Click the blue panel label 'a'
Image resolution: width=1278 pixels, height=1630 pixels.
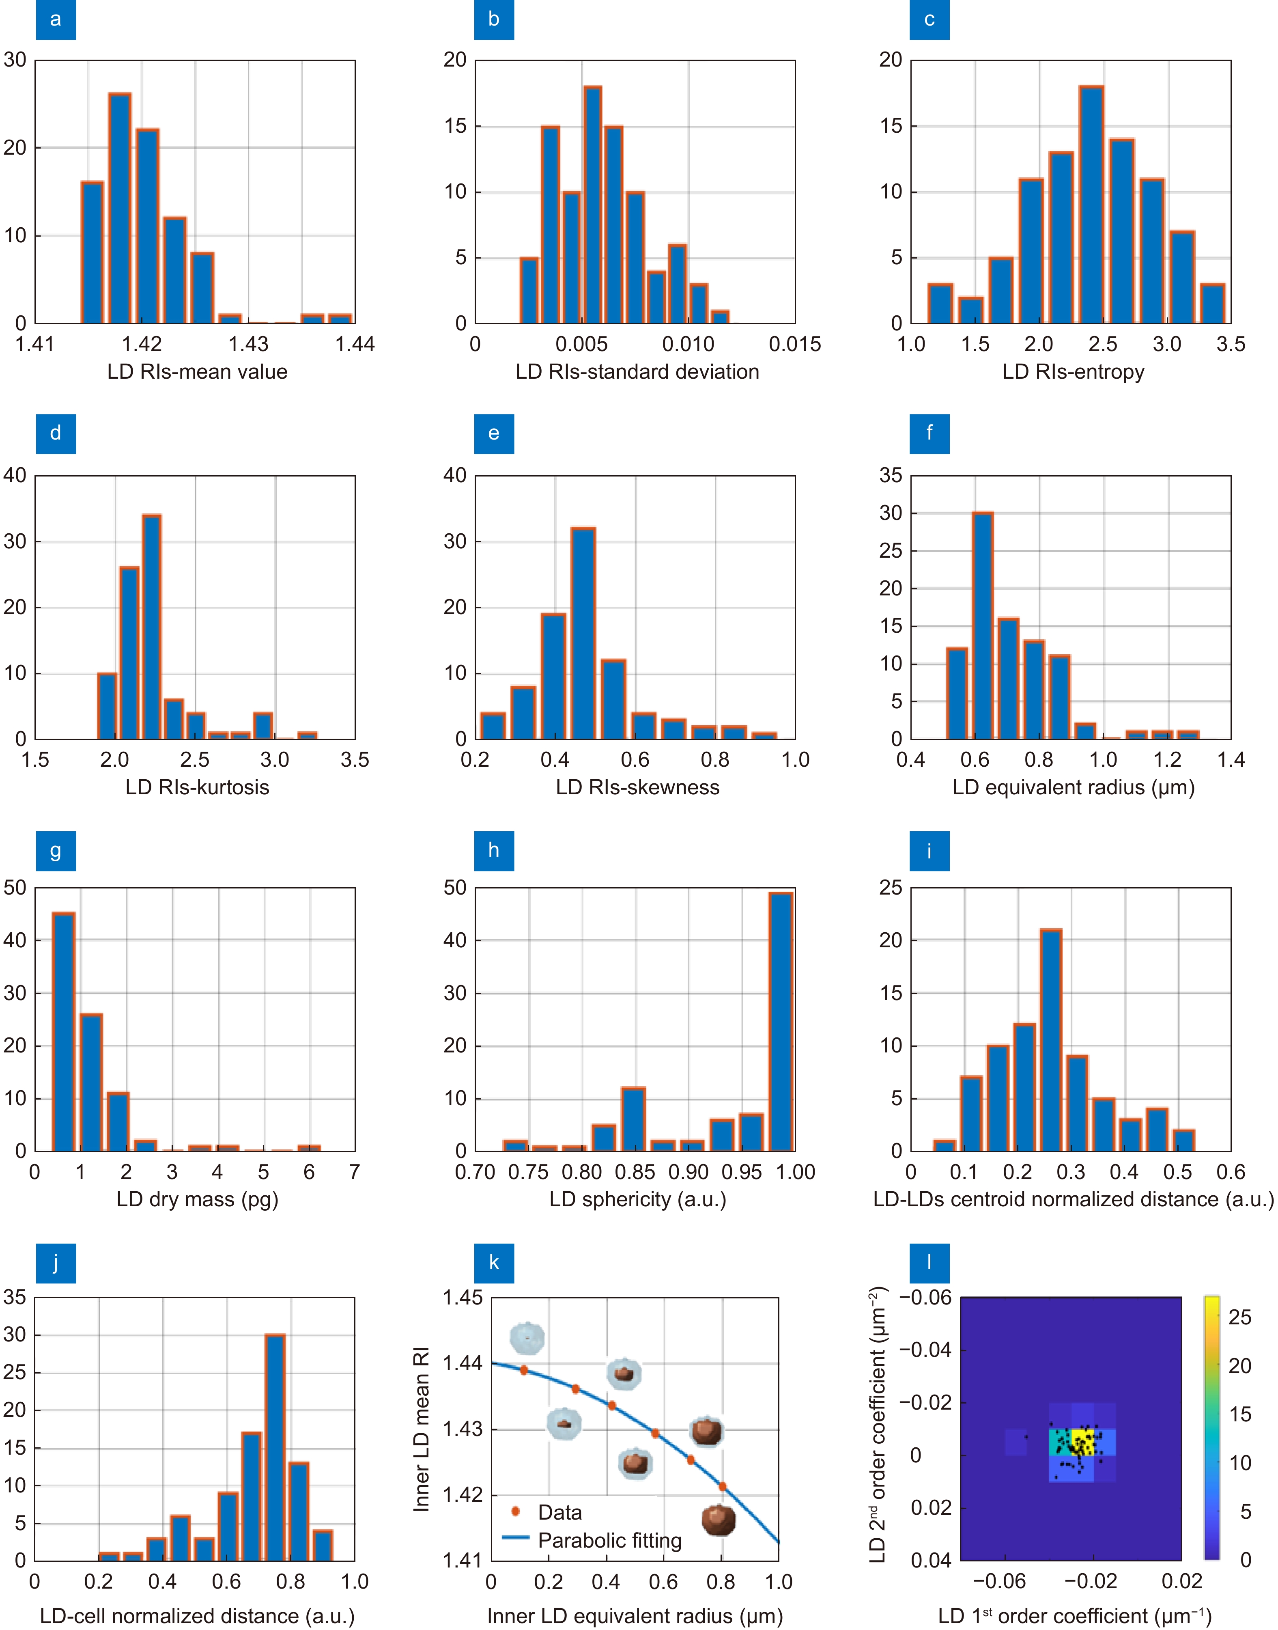[x=55, y=19]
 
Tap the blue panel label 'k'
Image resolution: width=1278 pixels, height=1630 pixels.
[x=494, y=1263]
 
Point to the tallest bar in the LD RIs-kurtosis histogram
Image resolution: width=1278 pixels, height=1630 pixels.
[x=151, y=627]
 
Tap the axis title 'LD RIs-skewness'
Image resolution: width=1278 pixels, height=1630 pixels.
[x=637, y=787]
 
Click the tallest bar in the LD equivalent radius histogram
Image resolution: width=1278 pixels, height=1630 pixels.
[x=983, y=625]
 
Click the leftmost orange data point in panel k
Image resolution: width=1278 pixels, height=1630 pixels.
[x=524, y=1370]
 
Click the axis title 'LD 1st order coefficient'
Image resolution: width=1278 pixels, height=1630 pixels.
[x=1074, y=1616]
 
